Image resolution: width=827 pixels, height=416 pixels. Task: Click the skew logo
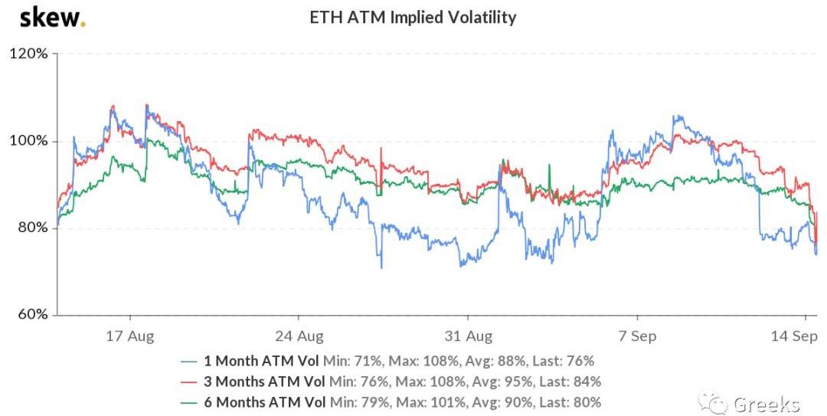coord(51,17)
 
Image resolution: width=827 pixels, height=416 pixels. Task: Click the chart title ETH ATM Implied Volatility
coord(413,17)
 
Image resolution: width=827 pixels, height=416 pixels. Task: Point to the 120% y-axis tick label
coord(29,54)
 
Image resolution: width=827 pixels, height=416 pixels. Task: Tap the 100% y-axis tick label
coord(29,142)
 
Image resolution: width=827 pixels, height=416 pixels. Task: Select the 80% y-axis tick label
coord(31,228)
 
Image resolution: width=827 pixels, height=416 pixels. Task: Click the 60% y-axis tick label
coord(31,315)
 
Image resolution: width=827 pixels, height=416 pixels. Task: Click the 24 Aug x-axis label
coord(299,336)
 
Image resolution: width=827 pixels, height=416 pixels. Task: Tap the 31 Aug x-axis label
coord(468,336)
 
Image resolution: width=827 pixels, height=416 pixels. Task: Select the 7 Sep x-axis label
coord(638,336)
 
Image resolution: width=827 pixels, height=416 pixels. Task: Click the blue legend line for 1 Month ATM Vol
coord(190,361)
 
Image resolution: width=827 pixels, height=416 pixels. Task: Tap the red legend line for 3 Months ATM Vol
coord(190,382)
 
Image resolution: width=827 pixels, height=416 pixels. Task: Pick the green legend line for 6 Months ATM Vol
coord(190,402)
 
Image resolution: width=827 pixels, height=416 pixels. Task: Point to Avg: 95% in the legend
coord(499,382)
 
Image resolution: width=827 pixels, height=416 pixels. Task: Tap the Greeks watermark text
coord(767,404)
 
